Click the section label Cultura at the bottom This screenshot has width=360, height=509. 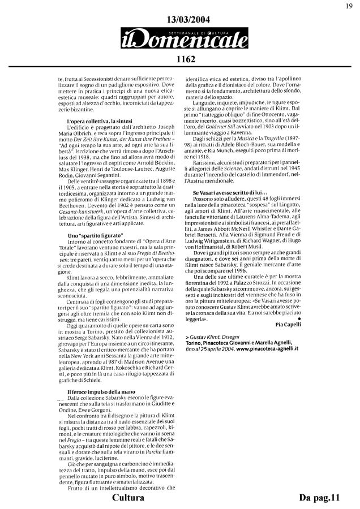(128, 498)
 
